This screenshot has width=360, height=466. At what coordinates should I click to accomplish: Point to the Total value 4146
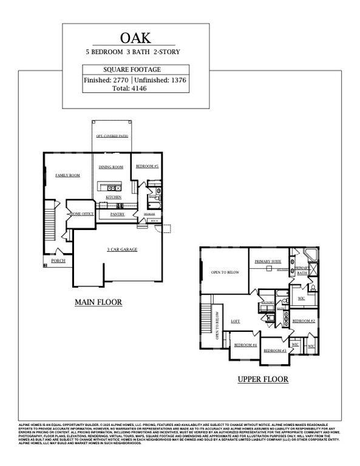click(x=137, y=89)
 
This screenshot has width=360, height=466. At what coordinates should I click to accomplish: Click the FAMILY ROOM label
click(x=68, y=175)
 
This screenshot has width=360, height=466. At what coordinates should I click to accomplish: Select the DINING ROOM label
click(x=111, y=167)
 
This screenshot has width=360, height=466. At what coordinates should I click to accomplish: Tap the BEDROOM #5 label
click(x=147, y=166)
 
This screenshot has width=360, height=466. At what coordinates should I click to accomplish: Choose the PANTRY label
click(x=118, y=214)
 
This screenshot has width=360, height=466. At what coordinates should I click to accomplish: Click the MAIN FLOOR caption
click(x=98, y=302)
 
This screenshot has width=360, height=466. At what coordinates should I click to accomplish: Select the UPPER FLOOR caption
click(x=262, y=379)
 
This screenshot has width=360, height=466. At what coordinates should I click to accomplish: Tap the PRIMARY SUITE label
click(x=268, y=261)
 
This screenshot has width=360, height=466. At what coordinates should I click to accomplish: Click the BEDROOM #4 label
click(x=246, y=345)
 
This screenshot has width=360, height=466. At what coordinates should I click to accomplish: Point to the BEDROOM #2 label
click(x=304, y=320)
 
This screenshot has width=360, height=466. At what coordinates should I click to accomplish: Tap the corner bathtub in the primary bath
click(x=310, y=255)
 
